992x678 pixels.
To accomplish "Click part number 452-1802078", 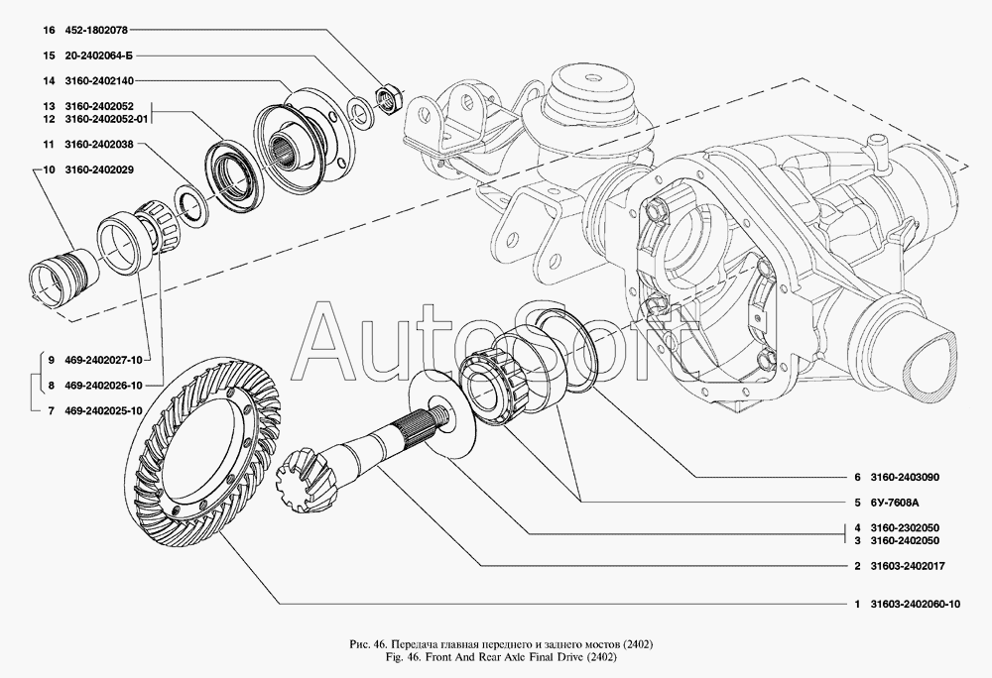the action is pyautogui.click(x=95, y=31).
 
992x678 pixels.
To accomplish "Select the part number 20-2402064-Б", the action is pyautogui.click(x=98, y=56).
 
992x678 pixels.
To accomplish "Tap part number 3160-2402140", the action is pyautogui.click(x=98, y=81).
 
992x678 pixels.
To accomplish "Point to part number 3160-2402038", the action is pyautogui.click(x=98, y=144).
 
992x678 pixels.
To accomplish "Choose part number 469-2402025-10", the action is pyautogui.click(x=103, y=410).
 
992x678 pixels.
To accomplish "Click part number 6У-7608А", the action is pyautogui.click(x=894, y=503).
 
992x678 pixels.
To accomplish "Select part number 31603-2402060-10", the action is pyautogui.click(x=915, y=604).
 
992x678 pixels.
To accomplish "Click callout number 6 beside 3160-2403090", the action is pyautogui.click(x=857, y=478).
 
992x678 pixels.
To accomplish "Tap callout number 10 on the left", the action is pyautogui.click(x=49, y=169).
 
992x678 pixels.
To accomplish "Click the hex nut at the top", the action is pyautogui.click(x=385, y=98).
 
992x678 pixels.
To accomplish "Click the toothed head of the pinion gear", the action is pyautogui.click(x=300, y=470).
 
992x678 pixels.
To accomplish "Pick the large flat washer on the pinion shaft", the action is pyautogui.click(x=441, y=413).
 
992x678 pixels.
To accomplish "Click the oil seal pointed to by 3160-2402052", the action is pyautogui.click(x=232, y=175).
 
